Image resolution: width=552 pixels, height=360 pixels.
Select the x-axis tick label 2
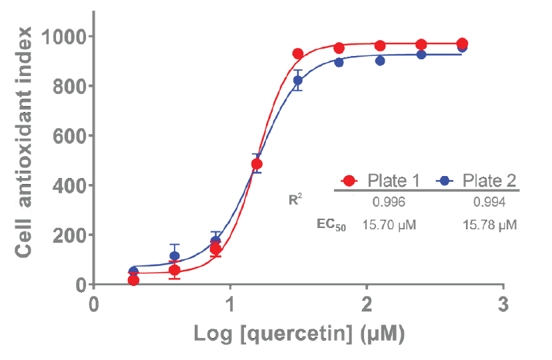(366, 305)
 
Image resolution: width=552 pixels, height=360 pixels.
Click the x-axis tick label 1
(230, 305)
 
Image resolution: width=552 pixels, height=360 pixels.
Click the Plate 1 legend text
(393, 181)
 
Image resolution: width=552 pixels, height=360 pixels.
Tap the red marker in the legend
(349, 181)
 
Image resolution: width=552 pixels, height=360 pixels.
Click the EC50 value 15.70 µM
(389, 225)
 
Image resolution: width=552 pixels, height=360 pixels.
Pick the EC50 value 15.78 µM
(490, 225)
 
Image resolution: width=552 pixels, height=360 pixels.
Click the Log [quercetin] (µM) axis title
(299, 333)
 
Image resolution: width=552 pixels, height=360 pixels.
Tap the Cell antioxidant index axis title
(25, 142)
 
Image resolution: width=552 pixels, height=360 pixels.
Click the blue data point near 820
(298, 80)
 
